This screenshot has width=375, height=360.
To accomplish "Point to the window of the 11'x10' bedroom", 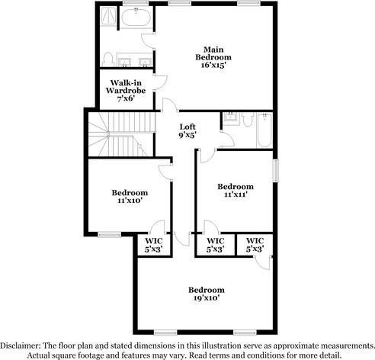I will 108,233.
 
